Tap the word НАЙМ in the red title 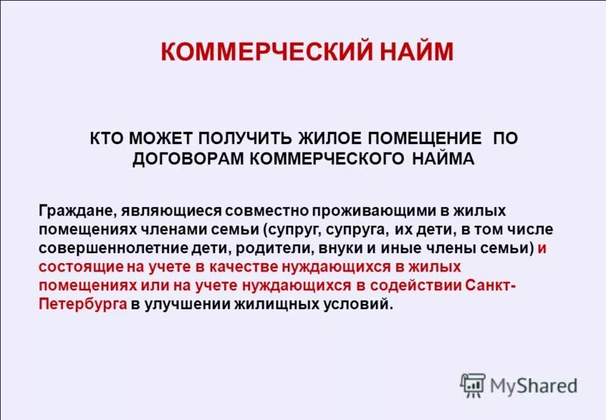click(417, 52)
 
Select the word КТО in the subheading click(108, 139)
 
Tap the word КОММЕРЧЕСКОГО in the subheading click(323, 158)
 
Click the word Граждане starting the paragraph click(73, 209)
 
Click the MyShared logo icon click(473, 385)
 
